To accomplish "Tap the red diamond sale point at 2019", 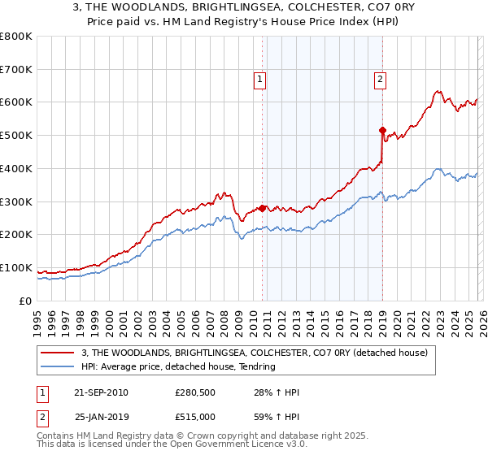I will (382, 129).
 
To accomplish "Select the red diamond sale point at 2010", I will (262, 207).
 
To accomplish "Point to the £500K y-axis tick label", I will (16, 135).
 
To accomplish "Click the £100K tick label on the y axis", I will (16, 267).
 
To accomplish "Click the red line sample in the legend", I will (59, 352).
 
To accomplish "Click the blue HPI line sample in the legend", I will (59, 366).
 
